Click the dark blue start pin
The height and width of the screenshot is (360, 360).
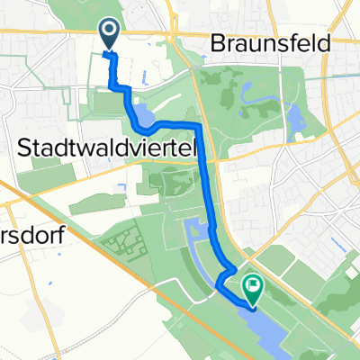(x=109, y=34)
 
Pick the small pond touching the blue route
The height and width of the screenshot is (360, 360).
(x=143, y=115)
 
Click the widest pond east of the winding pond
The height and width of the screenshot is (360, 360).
(x=293, y=116)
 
